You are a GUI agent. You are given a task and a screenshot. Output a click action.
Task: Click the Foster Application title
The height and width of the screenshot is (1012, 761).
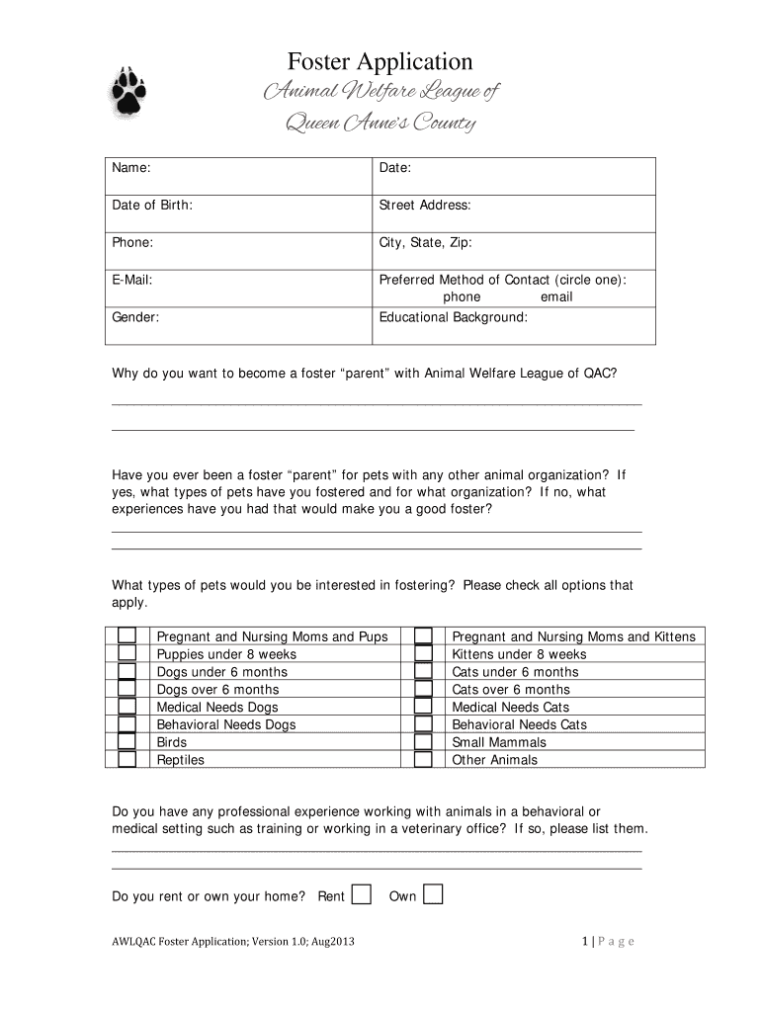380,62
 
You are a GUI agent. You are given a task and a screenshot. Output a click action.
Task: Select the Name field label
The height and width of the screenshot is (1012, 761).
130,169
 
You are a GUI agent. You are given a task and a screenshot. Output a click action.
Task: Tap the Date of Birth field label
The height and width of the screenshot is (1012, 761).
151,205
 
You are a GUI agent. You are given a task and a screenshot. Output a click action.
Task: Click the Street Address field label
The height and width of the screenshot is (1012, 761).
425,205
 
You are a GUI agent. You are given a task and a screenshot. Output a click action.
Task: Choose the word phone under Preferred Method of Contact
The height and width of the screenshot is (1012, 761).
462,296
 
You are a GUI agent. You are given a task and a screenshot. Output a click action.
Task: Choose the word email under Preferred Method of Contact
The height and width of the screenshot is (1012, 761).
555,296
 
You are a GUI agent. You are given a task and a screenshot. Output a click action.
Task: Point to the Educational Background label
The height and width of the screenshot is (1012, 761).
454,317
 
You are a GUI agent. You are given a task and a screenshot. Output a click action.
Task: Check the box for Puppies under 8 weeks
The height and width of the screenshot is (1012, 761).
127,653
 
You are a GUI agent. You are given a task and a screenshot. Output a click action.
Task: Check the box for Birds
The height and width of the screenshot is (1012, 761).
127,741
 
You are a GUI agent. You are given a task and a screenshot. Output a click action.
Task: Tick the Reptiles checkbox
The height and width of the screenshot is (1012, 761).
127,759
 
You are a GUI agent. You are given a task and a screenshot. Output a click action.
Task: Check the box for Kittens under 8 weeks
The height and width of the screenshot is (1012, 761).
423,653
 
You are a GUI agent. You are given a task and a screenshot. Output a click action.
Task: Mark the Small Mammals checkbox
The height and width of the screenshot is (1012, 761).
423,741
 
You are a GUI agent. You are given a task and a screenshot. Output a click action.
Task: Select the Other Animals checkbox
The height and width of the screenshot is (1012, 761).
423,759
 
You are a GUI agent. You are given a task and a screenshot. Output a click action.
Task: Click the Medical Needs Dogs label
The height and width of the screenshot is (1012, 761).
217,707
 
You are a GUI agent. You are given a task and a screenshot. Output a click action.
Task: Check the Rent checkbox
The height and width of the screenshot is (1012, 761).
362,894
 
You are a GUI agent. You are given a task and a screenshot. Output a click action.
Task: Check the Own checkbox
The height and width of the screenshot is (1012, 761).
433,894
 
